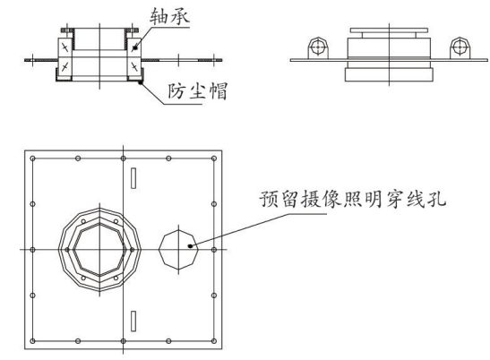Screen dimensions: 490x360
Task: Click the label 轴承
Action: coord(169,15)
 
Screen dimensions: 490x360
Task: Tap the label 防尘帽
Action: coord(197,91)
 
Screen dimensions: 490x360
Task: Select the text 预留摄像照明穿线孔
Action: coord(353,199)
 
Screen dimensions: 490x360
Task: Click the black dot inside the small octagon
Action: coord(190,246)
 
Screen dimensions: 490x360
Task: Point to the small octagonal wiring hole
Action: coord(178,250)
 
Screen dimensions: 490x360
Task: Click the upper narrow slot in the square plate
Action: coord(133,178)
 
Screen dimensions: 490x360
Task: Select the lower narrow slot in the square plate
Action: coord(133,321)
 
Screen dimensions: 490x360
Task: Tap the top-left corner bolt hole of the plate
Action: coord(32,159)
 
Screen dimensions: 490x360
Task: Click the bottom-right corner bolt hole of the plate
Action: coord(214,341)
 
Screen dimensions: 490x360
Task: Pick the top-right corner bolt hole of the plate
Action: coord(214,159)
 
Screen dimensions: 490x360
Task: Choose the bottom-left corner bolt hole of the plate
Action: coord(32,341)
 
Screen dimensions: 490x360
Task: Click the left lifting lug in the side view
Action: coord(318,48)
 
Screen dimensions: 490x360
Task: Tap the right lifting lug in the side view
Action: coord(460,48)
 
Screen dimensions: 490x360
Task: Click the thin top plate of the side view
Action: coord(389,30)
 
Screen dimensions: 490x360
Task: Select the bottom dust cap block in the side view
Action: coord(389,75)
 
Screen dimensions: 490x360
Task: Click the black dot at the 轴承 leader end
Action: coord(135,47)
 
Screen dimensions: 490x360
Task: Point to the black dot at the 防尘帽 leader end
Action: coord(141,82)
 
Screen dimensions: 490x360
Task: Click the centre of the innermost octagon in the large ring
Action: coord(99,250)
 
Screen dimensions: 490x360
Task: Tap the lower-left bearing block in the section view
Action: coord(65,66)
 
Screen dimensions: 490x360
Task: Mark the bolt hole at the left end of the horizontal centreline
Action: coord(32,250)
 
